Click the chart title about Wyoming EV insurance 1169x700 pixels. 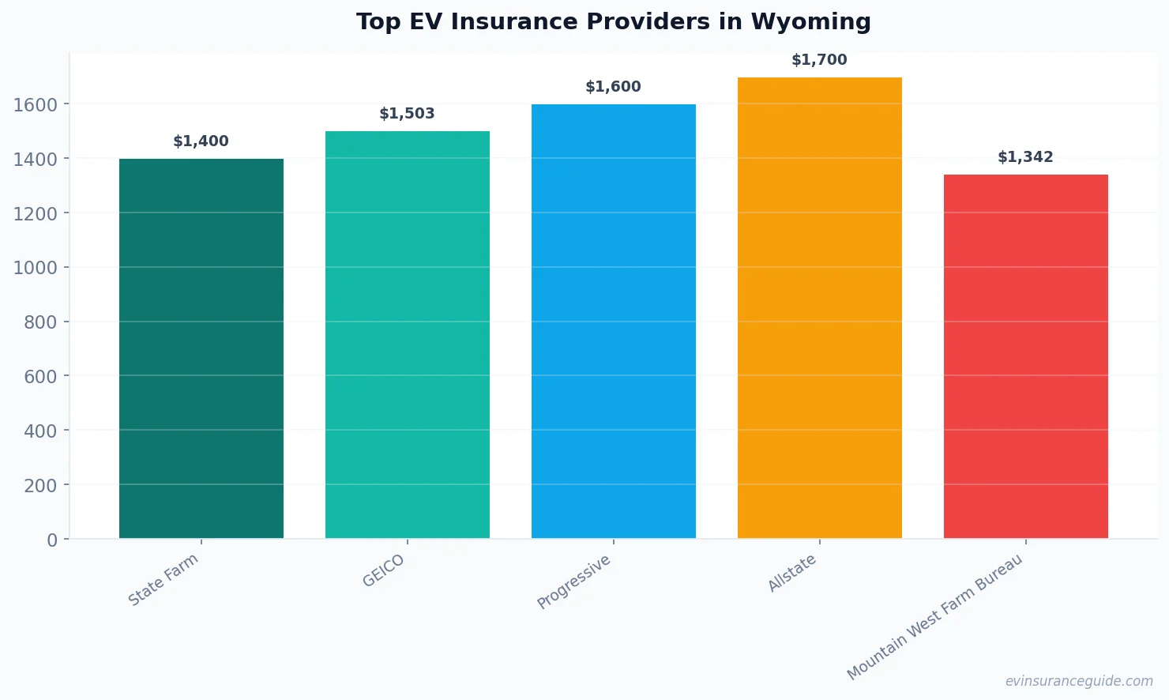click(613, 22)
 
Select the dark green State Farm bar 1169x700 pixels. click(201, 348)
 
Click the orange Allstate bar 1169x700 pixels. click(820, 308)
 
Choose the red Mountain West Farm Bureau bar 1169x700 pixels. click(1026, 356)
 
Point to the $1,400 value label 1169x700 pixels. click(201, 141)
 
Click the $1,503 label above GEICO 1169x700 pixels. click(407, 114)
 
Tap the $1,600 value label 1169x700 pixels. click(613, 87)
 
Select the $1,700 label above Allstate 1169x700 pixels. click(819, 60)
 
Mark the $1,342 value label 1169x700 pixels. click(1025, 157)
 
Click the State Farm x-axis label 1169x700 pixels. click(164, 580)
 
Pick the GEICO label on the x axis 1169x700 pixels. click(384, 570)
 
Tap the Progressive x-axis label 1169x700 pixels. click(574, 581)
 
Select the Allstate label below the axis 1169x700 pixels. click(792, 573)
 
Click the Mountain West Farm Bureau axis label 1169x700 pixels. click(935, 616)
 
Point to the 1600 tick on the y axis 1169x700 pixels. click(36, 105)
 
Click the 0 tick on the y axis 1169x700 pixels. click(52, 540)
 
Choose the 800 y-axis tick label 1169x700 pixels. click(41, 322)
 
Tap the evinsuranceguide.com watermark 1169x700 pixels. click(1079, 681)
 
